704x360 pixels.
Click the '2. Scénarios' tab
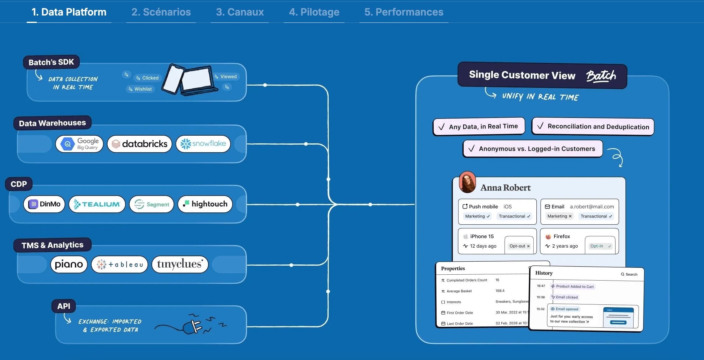pyautogui.click(x=161, y=12)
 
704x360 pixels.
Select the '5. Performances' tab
pyautogui.click(x=404, y=12)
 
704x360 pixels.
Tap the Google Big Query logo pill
pyautogui.click(x=79, y=144)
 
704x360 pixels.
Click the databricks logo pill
pyautogui.click(x=140, y=144)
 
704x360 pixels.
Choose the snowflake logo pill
pyautogui.click(x=203, y=144)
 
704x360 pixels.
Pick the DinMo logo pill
pyautogui.click(x=44, y=204)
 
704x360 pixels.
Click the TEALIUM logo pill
pyautogui.click(x=97, y=204)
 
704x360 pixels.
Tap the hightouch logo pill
pyautogui.click(x=205, y=204)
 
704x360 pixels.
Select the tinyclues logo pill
pyautogui.click(x=180, y=264)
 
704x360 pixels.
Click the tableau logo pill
pyautogui.click(x=120, y=264)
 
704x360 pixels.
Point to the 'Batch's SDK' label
pyautogui.click(x=51, y=62)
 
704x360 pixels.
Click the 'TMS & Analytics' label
pyautogui.click(x=52, y=245)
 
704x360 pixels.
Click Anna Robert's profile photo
pyautogui.click(x=467, y=182)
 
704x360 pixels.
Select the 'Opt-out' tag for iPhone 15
pyautogui.click(x=519, y=246)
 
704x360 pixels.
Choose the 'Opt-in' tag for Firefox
pyautogui.click(x=600, y=246)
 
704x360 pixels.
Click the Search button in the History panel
pyautogui.click(x=629, y=274)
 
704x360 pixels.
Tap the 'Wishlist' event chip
pyautogui.click(x=140, y=89)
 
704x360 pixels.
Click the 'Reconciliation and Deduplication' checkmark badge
pyautogui.click(x=593, y=127)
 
